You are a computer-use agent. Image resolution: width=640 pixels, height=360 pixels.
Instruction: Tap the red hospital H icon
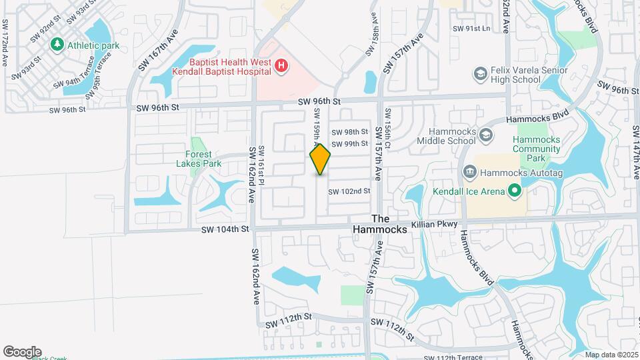281,65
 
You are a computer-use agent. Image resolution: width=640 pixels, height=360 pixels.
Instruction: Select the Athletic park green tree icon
57,45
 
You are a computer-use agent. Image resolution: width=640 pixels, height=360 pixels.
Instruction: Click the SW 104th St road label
225,229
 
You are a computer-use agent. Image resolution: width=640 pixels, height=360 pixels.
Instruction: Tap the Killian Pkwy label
434,225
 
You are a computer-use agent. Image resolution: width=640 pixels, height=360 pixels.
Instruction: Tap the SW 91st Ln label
471,29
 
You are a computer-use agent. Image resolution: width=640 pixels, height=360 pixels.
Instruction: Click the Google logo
22,351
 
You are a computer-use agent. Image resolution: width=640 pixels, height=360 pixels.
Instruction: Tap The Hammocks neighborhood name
389,224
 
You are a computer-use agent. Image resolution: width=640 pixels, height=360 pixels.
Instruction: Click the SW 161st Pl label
262,160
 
